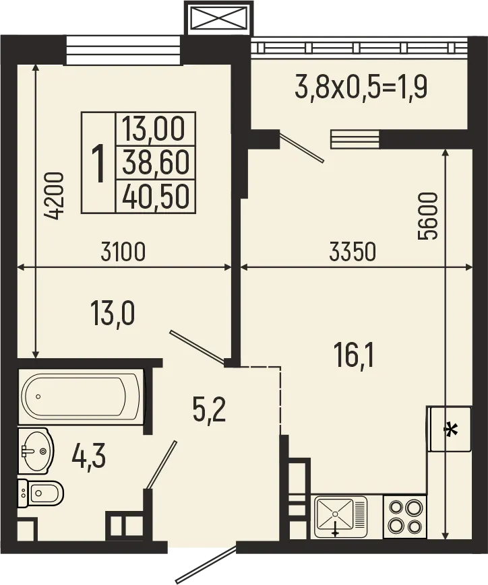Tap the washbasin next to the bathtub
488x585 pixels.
point(34,450)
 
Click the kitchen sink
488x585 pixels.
point(340,516)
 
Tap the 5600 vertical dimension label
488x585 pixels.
point(429,217)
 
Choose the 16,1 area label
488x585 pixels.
point(354,353)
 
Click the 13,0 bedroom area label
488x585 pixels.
point(113,313)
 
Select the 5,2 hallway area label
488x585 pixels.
point(208,409)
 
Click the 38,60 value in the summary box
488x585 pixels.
point(155,162)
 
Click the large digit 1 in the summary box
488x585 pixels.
point(98,164)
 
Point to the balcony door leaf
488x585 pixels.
point(302,147)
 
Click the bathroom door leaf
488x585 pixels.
point(162,464)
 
